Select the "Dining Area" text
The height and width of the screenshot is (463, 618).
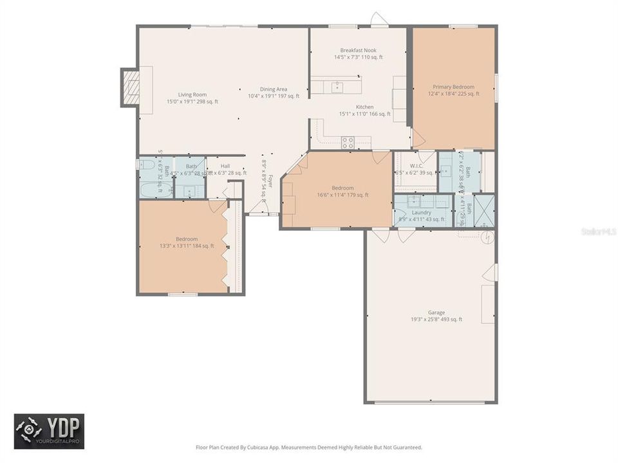274,89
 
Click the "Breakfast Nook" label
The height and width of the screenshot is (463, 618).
359,50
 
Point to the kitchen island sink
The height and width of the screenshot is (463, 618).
336,86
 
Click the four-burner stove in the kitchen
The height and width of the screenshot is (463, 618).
348,142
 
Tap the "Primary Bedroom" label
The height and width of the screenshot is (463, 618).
453,87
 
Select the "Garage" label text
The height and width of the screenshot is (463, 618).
436,313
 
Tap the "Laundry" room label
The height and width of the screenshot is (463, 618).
422,212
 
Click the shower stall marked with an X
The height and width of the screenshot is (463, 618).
484,210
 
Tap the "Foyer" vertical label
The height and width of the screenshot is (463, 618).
271,182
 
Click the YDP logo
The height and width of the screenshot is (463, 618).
49,431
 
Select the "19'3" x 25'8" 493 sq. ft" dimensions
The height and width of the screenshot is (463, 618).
436,320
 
